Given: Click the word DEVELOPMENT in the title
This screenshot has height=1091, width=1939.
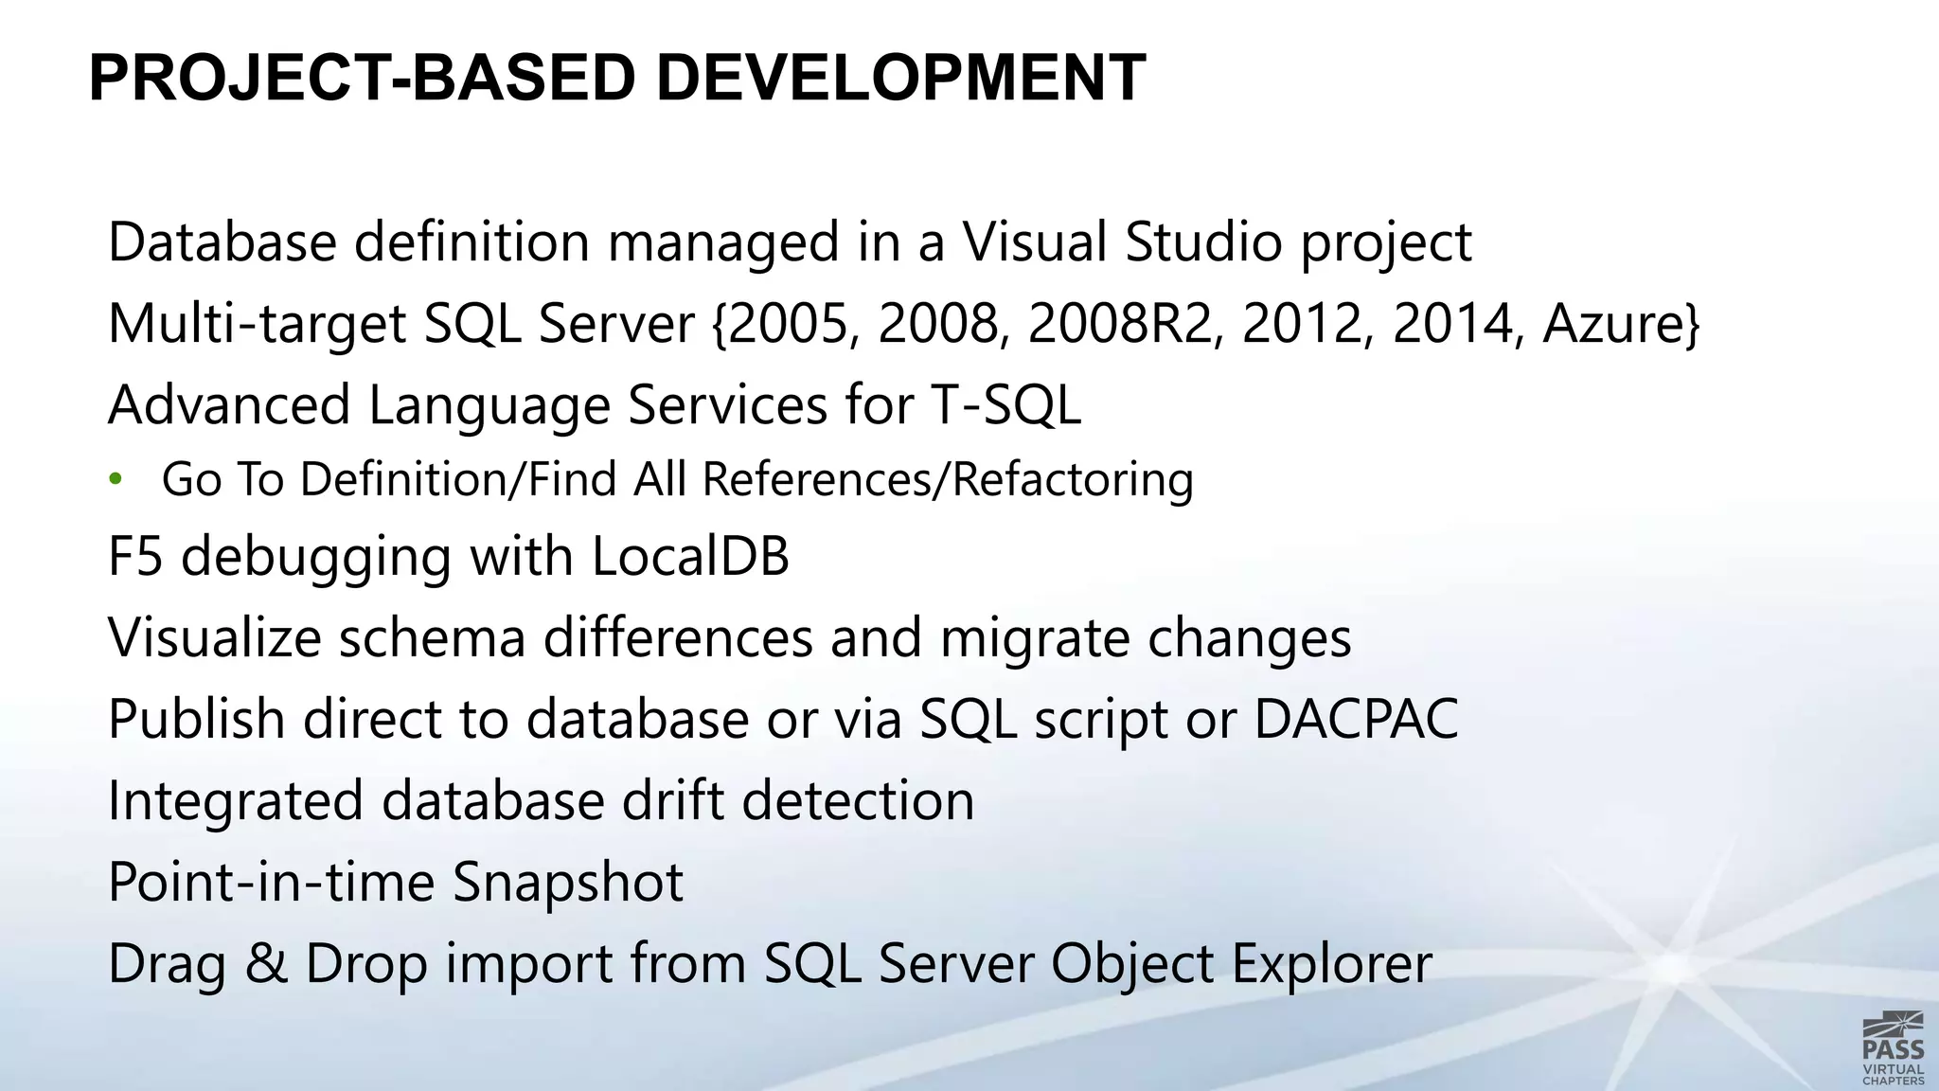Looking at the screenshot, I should pyautogui.click(x=900, y=78).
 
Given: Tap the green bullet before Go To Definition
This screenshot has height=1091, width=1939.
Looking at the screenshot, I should pyautogui.click(x=116, y=478).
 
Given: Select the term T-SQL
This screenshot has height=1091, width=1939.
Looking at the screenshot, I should pyautogui.click(x=1005, y=405).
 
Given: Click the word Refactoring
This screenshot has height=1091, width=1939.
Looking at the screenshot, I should pyautogui.click(x=1073, y=479).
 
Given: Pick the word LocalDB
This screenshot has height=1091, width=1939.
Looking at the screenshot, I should pyautogui.click(x=690, y=557).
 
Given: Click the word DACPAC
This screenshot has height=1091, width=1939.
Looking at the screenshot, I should pyautogui.click(x=1356, y=719).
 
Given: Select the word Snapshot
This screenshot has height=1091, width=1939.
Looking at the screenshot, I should pyautogui.click(x=568, y=883).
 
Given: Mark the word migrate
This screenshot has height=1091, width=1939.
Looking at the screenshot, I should pyautogui.click(x=1034, y=637).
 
